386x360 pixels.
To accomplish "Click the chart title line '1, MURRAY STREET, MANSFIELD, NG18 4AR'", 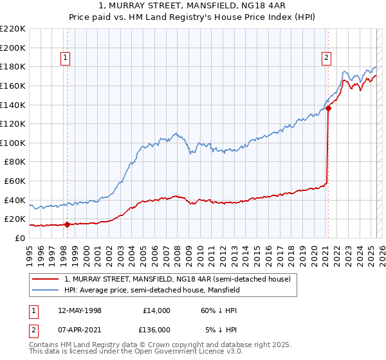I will (193, 6).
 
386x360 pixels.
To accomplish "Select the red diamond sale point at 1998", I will (67, 224).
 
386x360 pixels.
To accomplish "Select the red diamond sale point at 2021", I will (328, 108).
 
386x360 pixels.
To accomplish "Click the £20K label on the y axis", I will (15, 219).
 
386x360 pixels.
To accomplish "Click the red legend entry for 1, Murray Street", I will (178, 279).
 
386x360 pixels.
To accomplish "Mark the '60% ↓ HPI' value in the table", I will (219, 310).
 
